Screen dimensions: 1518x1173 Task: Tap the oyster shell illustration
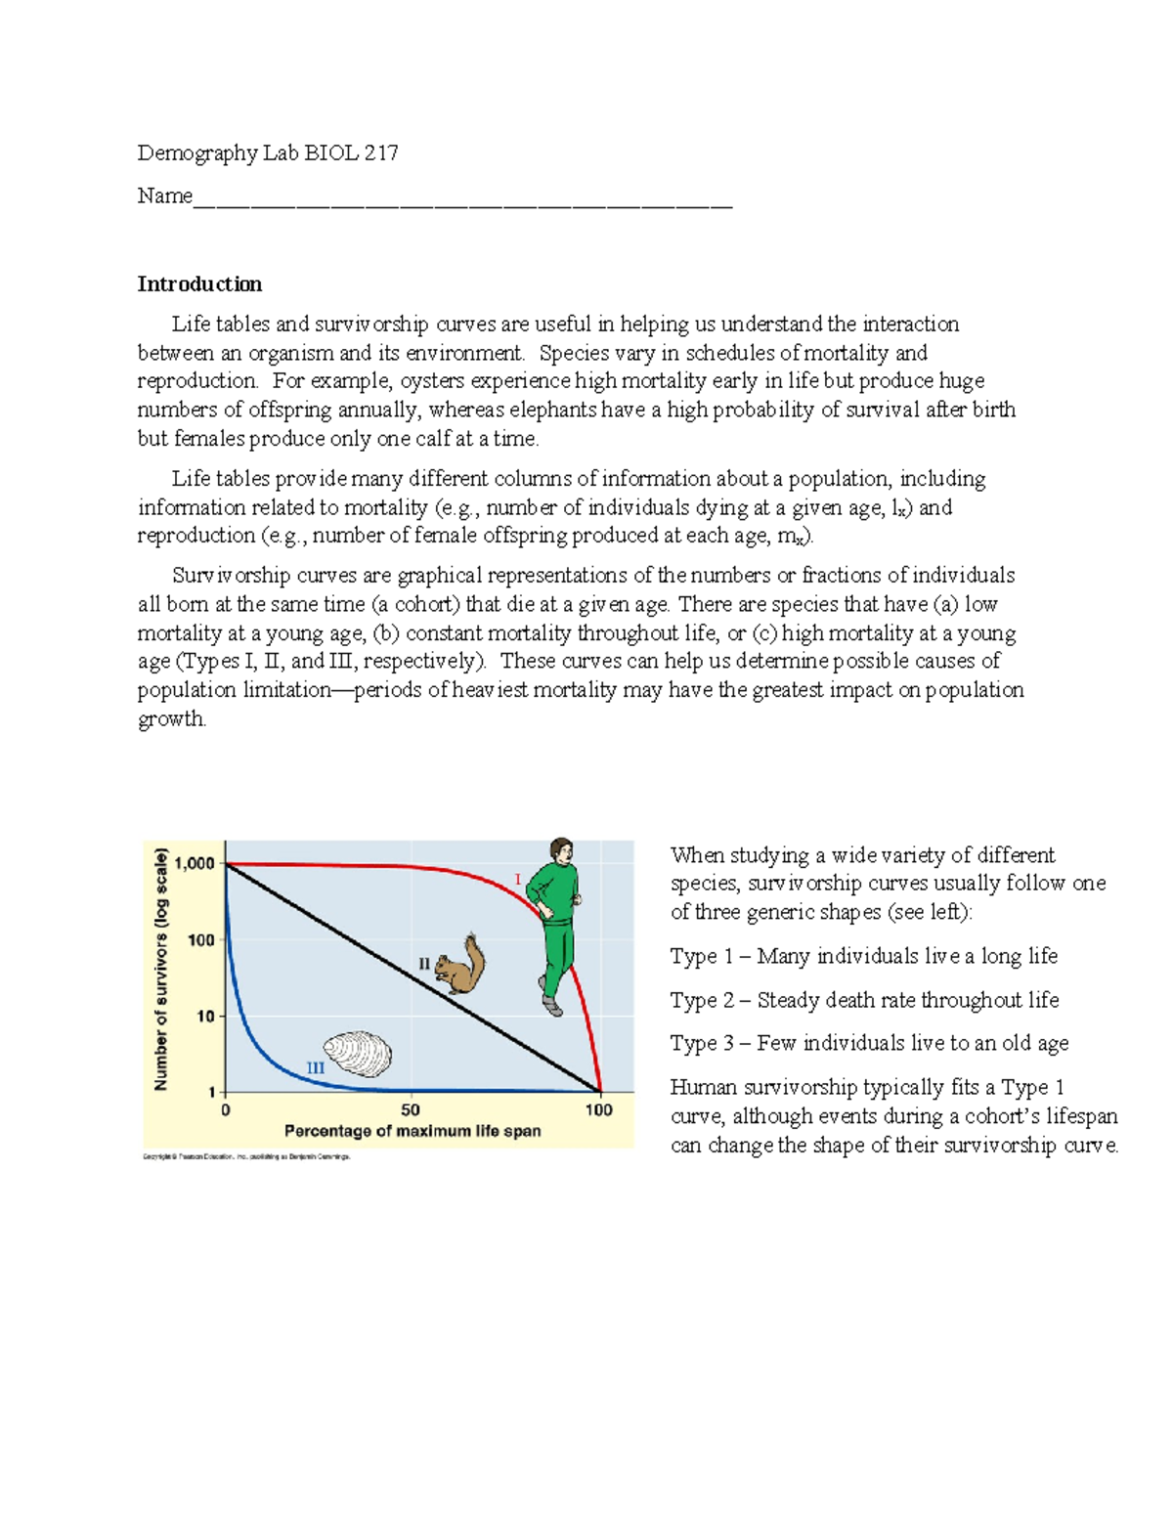click(358, 1054)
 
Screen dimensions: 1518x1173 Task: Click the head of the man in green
click(560, 848)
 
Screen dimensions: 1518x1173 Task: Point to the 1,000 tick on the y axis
click(194, 864)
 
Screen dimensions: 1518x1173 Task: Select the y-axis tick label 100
click(200, 940)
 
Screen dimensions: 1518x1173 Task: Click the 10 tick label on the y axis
click(205, 1017)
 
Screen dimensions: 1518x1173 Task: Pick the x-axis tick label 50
click(411, 1110)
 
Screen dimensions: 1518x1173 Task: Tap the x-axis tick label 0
click(226, 1110)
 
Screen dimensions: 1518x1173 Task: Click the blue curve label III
click(315, 1068)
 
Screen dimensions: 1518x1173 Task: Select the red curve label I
click(518, 880)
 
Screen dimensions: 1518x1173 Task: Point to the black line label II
click(424, 964)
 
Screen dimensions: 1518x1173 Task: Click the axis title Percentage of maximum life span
click(413, 1131)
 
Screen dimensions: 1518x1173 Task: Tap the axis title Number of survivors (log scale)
click(161, 969)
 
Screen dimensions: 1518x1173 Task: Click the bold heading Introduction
click(199, 284)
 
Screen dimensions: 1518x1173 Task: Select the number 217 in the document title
click(381, 152)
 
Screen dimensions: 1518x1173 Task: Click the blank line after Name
click(462, 200)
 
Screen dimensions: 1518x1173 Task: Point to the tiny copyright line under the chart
click(246, 1156)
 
